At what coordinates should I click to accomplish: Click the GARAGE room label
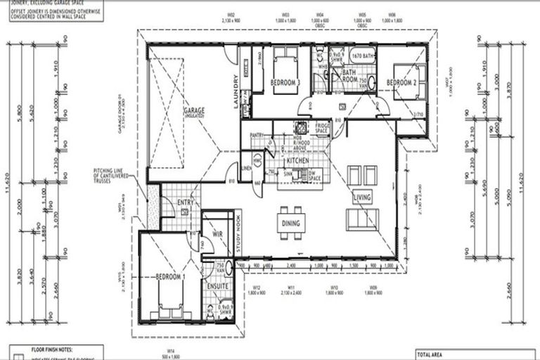pos(195,113)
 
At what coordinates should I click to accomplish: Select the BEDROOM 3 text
pos(285,83)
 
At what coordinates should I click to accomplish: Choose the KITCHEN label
pos(297,162)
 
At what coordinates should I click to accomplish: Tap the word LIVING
pos(362,198)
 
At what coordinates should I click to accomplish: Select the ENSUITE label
pos(216,287)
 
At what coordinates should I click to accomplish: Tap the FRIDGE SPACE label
pos(323,129)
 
